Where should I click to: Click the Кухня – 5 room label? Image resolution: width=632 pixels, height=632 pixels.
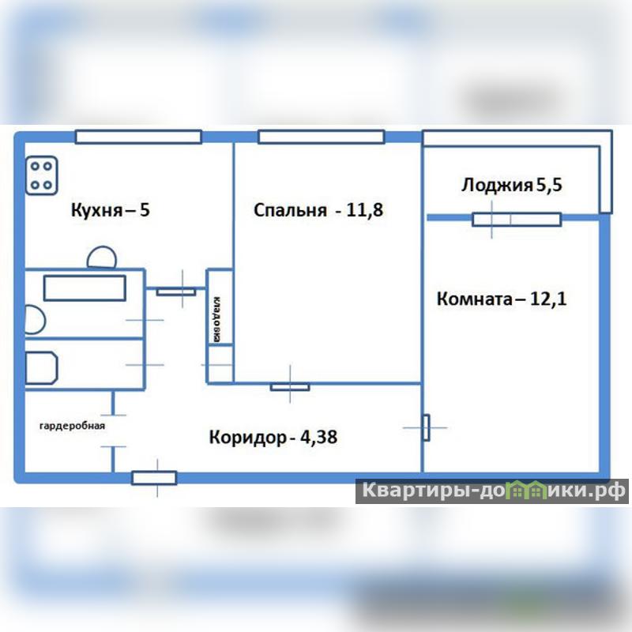pyautogui.click(x=110, y=210)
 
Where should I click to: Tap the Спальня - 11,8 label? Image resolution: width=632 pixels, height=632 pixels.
pyautogui.click(x=318, y=210)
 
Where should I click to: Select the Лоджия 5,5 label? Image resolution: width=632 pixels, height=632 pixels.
pyautogui.click(x=511, y=185)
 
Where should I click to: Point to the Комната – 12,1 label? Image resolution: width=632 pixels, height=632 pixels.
pyautogui.click(x=502, y=299)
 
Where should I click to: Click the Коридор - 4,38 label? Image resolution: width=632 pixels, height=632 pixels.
pyautogui.click(x=273, y=438)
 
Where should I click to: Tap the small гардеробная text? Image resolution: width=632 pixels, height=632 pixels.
pyautogui.click(x=72, y=426)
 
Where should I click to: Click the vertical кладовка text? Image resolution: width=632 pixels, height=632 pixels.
pyautogui.click(x=216, y=320)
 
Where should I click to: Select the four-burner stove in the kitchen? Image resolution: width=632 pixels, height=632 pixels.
pyautogui.click(x=42, y=175)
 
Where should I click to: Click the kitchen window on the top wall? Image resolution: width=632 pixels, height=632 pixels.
pyautogui.click(x=138, y=137)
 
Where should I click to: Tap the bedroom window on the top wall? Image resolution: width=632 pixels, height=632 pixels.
pyautogui.click(x=322, y=137)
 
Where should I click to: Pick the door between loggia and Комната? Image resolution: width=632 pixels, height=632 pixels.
pyautogui.click(x=517, y=220)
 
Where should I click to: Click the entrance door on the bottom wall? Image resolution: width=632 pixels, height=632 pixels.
pyautogui.click(x=154, y=478)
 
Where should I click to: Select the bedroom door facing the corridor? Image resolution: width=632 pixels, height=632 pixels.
pyautogui.click(x=290, y=387)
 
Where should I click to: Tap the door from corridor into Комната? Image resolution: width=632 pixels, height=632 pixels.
pyautogui.click(x=426, y=427)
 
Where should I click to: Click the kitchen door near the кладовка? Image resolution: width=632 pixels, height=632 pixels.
pyautogui.click(x=176, y=292)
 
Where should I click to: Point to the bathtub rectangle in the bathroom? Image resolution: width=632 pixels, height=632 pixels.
pyautogui.click(x=85, y=288)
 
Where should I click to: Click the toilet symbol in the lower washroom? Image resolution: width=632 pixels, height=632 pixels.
pyautogui.click(x=42, y=367)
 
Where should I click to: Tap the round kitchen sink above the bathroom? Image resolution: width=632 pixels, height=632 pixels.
pyautogui.click(x=102, y=258)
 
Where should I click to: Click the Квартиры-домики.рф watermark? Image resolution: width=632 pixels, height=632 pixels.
pyautogui.click(x=492, y=491)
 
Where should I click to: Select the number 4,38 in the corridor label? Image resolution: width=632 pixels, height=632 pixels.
pyautogui.click(x=319, y=438)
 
